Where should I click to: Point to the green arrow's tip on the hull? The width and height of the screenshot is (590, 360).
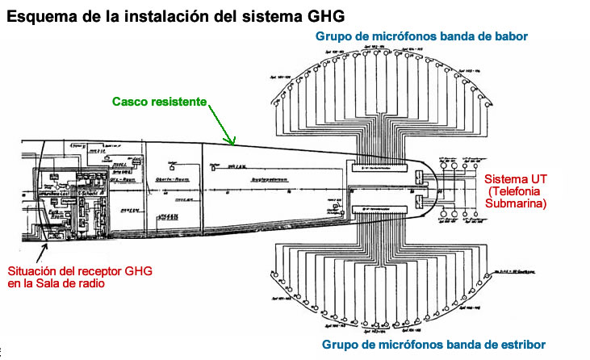coord(235,145)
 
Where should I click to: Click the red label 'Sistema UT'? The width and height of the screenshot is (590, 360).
coord(515,178)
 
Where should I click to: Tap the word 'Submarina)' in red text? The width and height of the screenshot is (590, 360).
coord(516,204)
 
